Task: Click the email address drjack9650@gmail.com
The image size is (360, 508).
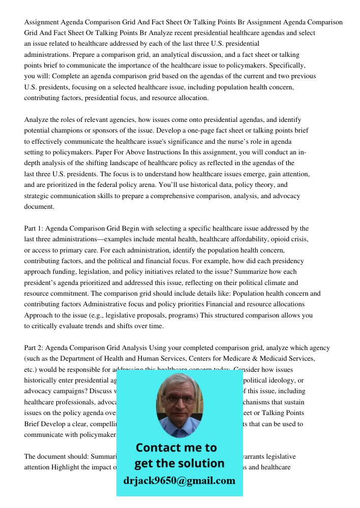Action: [x=179, y=481]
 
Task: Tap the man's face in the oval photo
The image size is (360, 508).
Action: [x=179, y=401]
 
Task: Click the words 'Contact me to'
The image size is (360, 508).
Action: [x=176, y=448]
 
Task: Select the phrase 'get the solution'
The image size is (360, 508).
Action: [x=179, y=463]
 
